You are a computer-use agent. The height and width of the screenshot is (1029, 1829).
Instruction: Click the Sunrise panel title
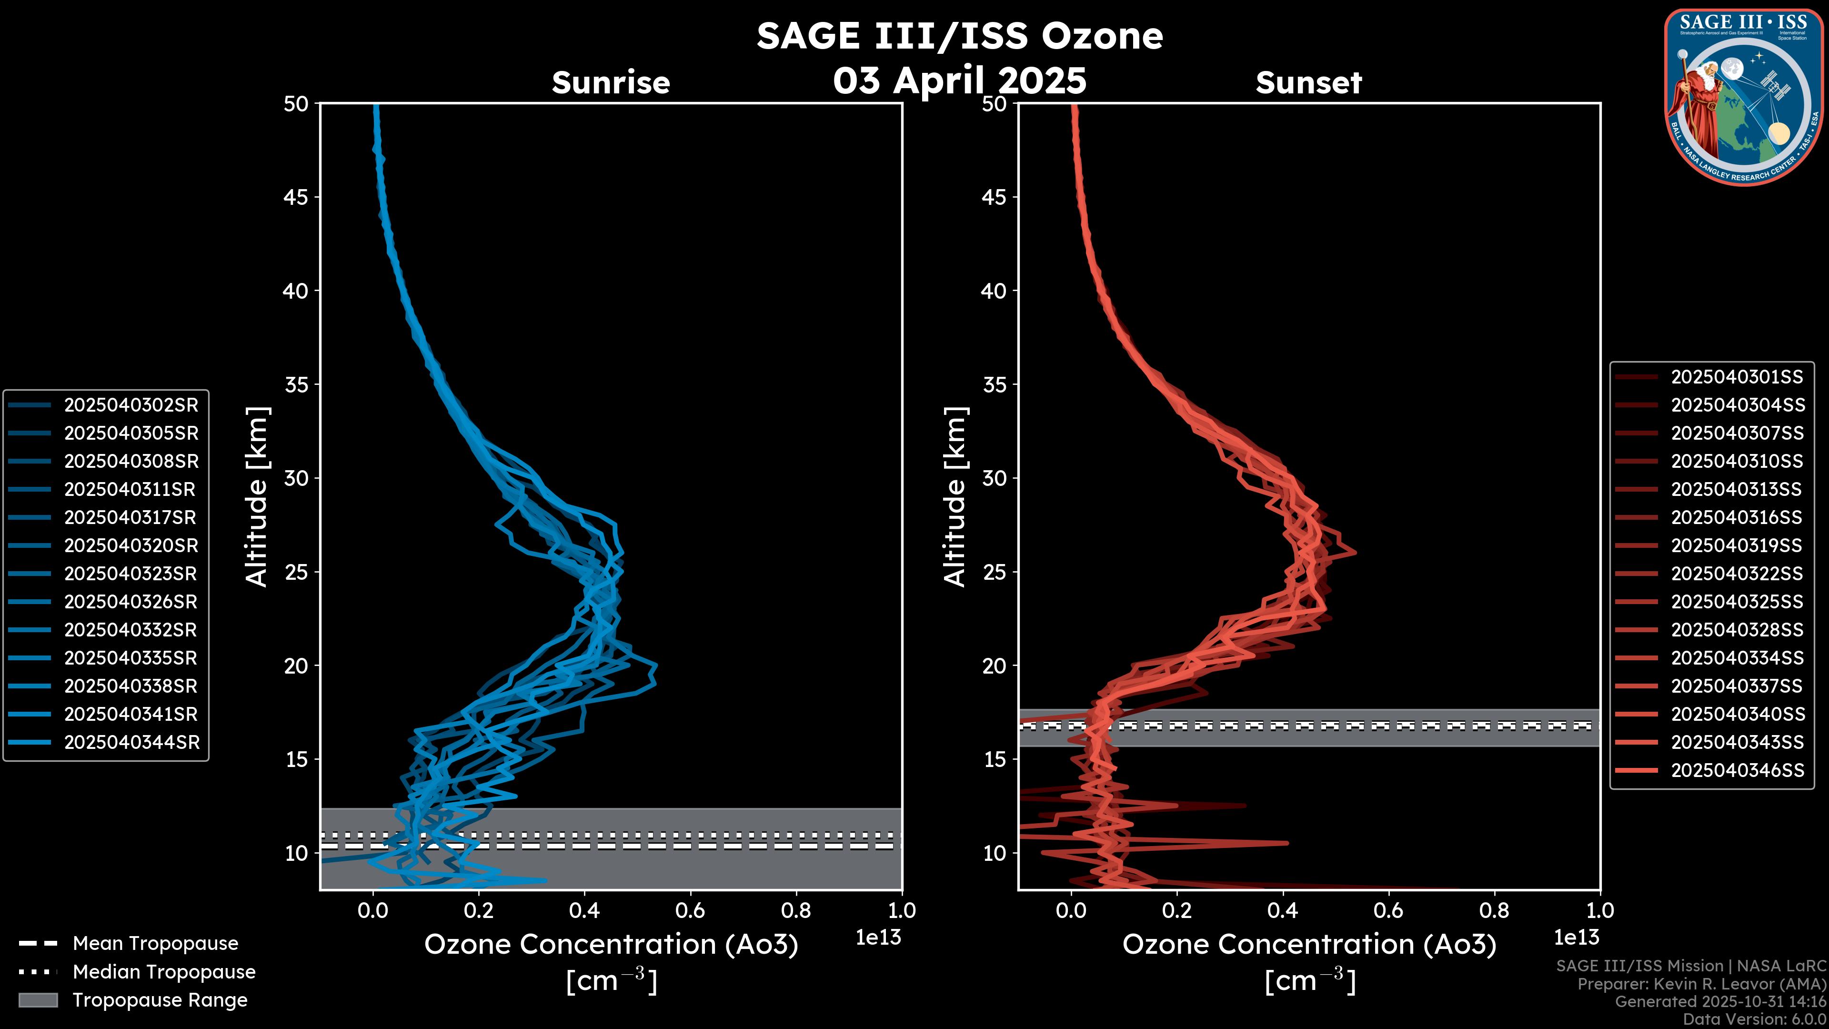(x=611, y=83)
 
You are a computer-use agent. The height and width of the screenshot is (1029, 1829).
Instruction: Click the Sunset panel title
(x=1308, y=83)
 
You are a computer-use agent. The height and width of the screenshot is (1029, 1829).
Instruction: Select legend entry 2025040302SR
(x=131, y=405)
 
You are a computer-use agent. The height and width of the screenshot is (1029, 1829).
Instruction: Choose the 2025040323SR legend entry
(x=131, y=574)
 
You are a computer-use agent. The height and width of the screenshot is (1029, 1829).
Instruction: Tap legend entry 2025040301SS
(x=1737, y=376)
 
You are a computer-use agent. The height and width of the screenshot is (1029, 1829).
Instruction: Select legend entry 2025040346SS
(x=1737, y=770)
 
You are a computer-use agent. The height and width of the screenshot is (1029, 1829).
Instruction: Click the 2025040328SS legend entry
(x=1737, y=630)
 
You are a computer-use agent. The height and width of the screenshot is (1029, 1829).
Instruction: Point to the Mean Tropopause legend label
(x=155, y=944)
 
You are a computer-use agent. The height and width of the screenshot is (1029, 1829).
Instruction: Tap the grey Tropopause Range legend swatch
(x=38, y=1000)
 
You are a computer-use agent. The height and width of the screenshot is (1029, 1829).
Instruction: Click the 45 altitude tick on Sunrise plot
(x=296, y=197)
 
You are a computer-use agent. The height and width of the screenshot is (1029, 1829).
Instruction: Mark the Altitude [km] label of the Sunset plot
(x=955, y=497)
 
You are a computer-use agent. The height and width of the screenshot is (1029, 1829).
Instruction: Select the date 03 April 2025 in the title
(x=959, y=80)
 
